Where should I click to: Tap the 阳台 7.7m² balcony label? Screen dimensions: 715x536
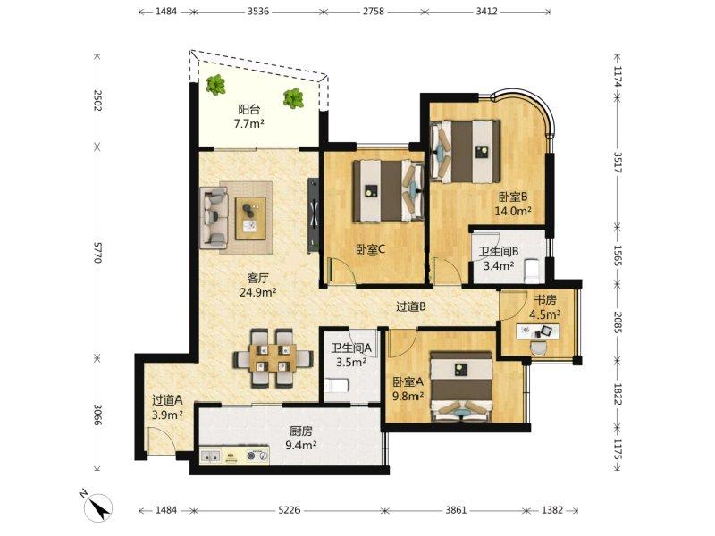(249, 116)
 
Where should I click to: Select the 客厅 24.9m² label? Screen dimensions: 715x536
(258, 285)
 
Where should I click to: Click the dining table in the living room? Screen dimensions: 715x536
(273, 358)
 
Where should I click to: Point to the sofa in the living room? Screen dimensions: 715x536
(215, 217)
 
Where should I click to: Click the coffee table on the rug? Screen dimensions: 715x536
(250, 218)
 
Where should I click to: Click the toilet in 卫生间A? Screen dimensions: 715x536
(336, 385)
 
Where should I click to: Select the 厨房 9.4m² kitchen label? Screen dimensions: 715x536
(301, 438)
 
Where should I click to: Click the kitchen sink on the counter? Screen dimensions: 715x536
(210, 456)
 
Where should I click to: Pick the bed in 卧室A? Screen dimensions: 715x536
(461, 386)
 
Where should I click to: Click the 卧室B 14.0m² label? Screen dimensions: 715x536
(513, 204)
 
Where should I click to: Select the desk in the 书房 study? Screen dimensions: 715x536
(538, 331)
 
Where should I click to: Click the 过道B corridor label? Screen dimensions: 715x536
(411, 306)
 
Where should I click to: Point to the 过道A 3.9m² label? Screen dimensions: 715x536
(167, 407)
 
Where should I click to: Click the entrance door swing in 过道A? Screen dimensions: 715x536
(161, 440)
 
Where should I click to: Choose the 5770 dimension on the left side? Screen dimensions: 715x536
(97, 252)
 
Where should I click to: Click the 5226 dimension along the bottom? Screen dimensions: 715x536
(290, 510)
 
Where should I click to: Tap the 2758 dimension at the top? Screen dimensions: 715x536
(373, 12)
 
